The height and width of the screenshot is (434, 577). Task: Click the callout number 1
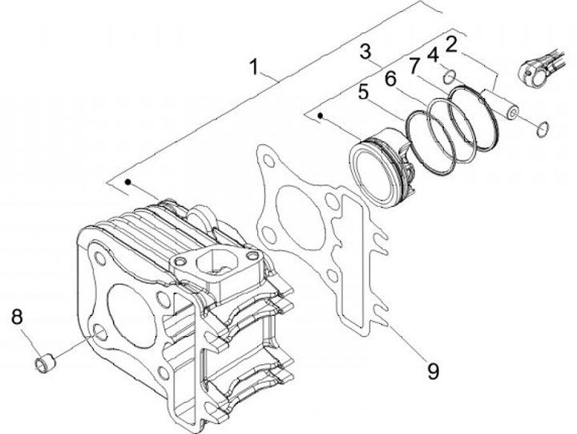[x=254, y=67]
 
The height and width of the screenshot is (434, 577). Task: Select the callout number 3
[x=365, y=53]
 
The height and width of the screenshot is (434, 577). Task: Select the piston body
[x=383, y=168]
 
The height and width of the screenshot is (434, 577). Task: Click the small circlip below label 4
[x=450, y=77]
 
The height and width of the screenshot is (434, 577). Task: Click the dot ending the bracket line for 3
[x=320, y=116]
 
